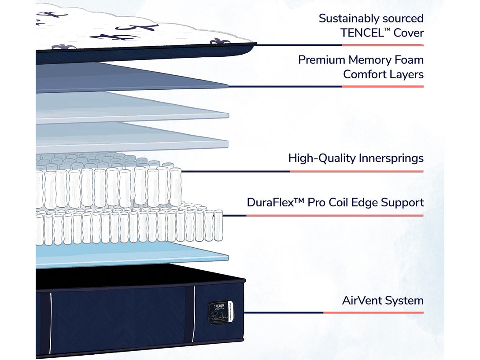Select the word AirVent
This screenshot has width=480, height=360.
point(362,301)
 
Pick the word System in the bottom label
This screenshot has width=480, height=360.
point(404,301)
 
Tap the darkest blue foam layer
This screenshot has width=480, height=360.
point(128,77)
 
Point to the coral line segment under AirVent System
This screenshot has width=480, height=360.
point(373,312)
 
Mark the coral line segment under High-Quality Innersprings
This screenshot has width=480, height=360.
point(357,171)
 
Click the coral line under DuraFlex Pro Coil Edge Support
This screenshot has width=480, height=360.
point(335,216)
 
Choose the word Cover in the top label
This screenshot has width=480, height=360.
point(409,33)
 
